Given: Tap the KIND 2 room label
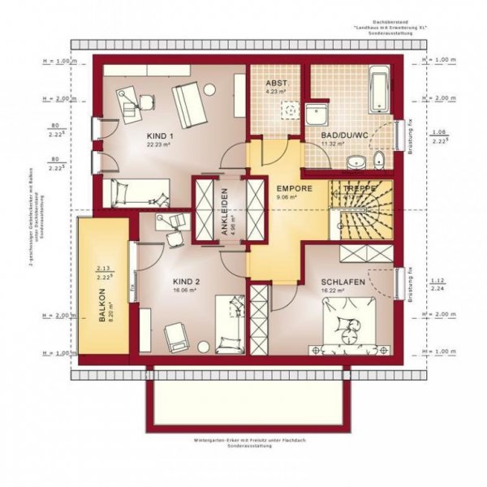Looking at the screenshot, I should (x=187, y=282).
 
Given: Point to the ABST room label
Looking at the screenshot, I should (x=277, y=82).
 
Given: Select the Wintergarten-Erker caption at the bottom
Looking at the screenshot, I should (x=243, y=441).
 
